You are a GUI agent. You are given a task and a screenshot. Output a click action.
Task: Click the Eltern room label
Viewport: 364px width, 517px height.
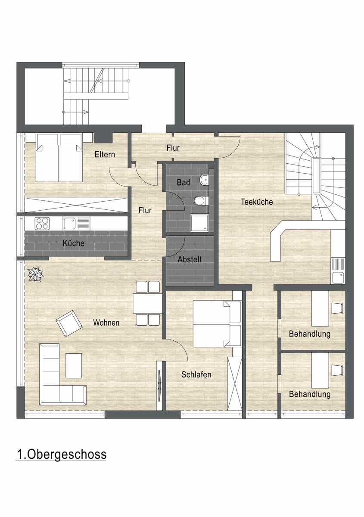[x=105, y=154]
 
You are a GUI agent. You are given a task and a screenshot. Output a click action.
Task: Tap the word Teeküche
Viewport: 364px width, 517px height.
[x=257, y=202]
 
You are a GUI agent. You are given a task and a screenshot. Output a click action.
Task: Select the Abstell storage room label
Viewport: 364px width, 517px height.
[x=189, y=259]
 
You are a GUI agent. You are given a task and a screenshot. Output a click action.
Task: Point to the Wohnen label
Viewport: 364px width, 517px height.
[x=106, y=322]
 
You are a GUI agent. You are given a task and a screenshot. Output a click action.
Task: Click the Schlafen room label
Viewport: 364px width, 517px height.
[x=196, y=374]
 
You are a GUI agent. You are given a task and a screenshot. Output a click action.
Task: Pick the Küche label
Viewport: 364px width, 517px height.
[x=74, y=243]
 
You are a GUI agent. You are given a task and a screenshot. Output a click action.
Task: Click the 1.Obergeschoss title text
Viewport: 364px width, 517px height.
[x=62, y=454]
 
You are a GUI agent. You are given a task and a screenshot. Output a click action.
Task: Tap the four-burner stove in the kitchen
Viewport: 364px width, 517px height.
[x=42, y=224]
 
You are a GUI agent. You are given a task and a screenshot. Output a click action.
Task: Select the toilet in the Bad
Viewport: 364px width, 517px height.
[x=201, y=201]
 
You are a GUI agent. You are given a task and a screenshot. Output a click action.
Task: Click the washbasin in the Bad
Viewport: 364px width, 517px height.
[x=204, y=180]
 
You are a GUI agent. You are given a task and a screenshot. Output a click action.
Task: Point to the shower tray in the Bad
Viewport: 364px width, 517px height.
[x=199, y=223]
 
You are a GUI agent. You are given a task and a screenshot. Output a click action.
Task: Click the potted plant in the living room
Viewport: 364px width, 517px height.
[x=35, y=274]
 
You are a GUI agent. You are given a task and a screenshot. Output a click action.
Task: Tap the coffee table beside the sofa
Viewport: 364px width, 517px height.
[x=74, y=366]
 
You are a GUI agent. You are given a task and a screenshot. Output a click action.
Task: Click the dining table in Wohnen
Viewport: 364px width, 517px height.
[x=148, y=303]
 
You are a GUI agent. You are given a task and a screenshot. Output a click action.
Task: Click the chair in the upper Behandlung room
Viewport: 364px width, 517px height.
[x=337, y=308]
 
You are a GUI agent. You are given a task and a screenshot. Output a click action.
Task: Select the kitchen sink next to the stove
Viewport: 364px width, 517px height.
[x=76, y=224]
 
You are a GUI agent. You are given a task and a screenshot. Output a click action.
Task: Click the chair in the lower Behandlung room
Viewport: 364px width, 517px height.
[x=337, y=370]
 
